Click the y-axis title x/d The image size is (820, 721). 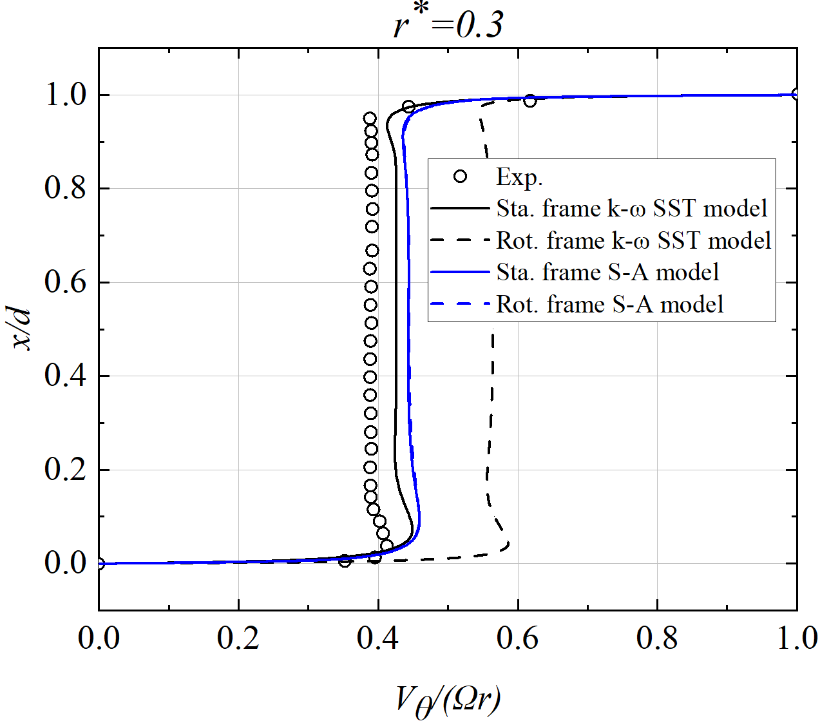23,329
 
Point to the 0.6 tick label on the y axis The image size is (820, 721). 65,282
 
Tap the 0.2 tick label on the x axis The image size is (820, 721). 238,638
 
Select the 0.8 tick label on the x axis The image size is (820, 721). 657,638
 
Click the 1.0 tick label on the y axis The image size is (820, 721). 65,95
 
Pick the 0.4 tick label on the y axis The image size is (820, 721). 65,376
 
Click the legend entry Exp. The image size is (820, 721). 519,177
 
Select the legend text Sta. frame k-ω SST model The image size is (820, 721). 632,208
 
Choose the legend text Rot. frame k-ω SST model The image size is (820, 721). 634,240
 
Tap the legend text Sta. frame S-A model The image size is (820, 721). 607,272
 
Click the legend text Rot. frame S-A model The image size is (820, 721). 609,304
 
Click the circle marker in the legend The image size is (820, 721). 460,177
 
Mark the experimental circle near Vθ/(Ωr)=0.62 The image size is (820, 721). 529,101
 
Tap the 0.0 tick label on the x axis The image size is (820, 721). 99,638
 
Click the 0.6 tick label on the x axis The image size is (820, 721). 517,638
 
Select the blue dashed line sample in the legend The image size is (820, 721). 460,304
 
